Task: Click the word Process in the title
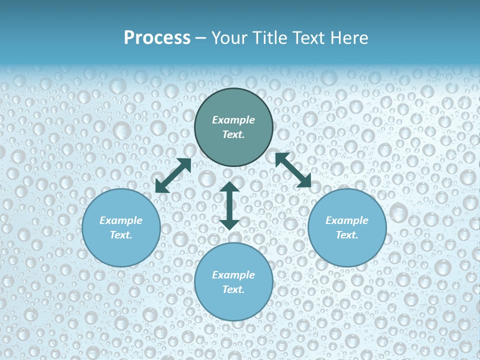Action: click(157, 38)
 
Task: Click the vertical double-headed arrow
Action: click(229, 205)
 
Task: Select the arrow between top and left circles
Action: click(173, 175)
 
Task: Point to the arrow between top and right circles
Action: click(293, 170)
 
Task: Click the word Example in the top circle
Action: click(233, 120)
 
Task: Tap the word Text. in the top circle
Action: click(233, 134)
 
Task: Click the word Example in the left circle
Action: click(121, 220)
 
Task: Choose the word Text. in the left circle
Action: click(121, 235)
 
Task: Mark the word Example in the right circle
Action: click(347, 220)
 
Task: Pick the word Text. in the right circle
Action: click(347, 235)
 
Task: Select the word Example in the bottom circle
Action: click(233, 275)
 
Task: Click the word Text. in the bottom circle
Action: click(233, 289)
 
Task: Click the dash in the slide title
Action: click(201, 38)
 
